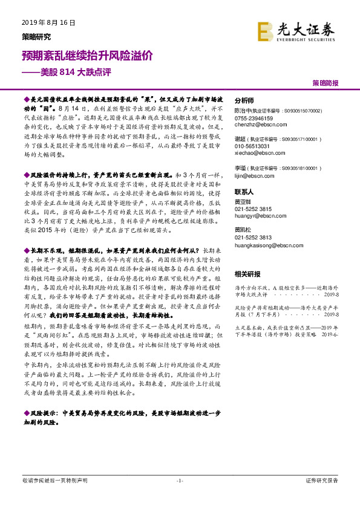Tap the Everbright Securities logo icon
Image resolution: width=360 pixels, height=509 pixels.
coord(264,30)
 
